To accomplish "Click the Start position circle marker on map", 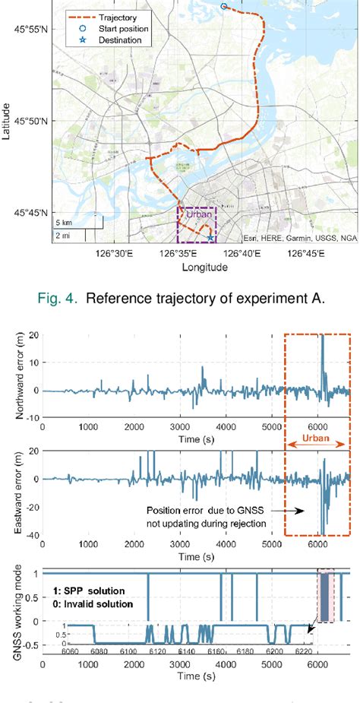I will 223,6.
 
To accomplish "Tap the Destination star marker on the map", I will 210,238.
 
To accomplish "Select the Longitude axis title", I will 206,268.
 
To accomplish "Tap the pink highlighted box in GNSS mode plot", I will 325,596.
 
